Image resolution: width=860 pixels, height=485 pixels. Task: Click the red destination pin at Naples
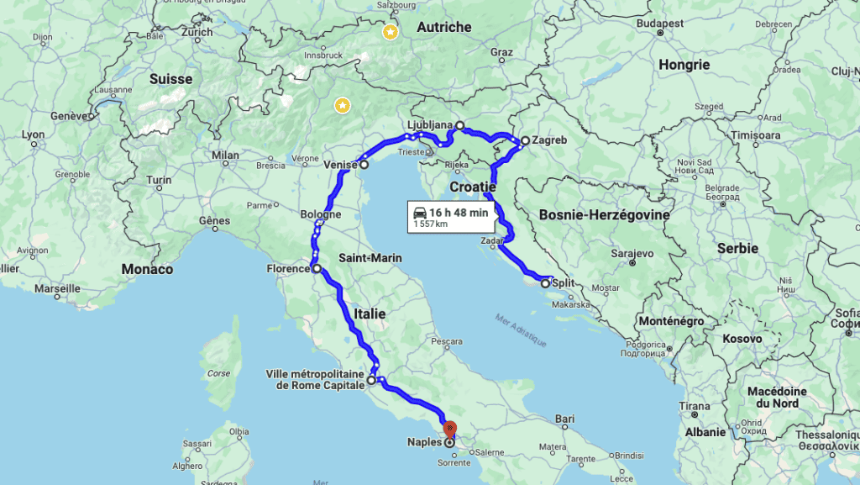click(449, 429)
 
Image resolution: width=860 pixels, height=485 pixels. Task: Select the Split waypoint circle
click(546, 283)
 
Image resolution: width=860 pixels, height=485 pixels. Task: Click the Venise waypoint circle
click(364, 166)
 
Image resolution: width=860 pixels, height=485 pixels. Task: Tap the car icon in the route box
click(419, 214)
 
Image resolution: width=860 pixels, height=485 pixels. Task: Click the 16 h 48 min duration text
click(459, 213)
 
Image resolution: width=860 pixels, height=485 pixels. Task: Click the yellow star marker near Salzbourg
click(390, 32)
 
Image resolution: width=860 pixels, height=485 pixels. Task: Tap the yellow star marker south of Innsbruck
click(342, 105)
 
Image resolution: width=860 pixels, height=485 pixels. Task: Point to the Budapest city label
click(659, 24)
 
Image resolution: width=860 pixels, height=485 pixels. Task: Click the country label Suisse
click(170, 79)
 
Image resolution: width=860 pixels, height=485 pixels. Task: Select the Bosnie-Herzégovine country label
click(604, 215)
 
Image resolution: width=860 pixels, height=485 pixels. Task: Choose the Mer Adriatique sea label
click(521, 331)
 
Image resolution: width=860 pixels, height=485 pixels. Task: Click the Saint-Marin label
click(370, 257)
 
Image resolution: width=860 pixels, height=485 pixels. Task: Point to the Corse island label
click(218, 373)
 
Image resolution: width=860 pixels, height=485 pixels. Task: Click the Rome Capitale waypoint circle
click(371, 380)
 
